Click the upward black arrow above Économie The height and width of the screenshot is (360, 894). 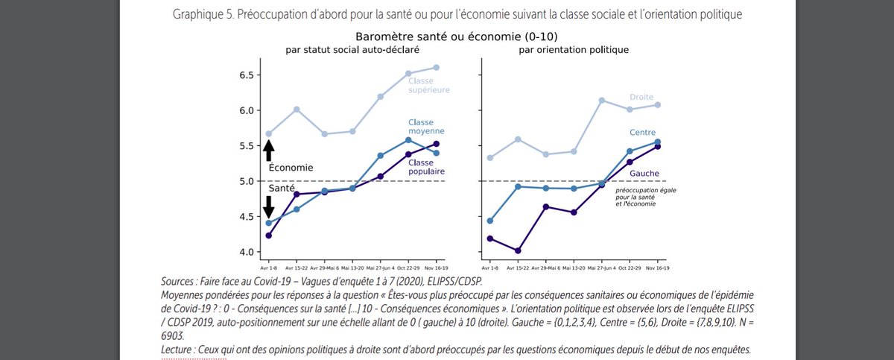pos(269,151)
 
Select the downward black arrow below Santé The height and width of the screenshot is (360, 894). pos(269,207)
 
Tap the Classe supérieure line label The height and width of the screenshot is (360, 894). pos(428,85)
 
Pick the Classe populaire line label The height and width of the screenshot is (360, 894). pos(425,166)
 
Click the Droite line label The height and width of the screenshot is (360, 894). pos(641,97)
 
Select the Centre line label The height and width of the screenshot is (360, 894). pos(641,132)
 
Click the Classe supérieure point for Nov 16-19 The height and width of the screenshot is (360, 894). pos(437,67)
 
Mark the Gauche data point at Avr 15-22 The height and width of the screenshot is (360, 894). pos(518,250)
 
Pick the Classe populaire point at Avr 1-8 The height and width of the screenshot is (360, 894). pos(268,236)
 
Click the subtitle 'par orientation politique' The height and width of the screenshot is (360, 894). pos(571,50)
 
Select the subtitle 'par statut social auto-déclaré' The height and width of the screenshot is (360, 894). pos(352,50)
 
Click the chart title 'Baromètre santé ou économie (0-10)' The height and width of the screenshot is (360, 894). pos(463,36)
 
